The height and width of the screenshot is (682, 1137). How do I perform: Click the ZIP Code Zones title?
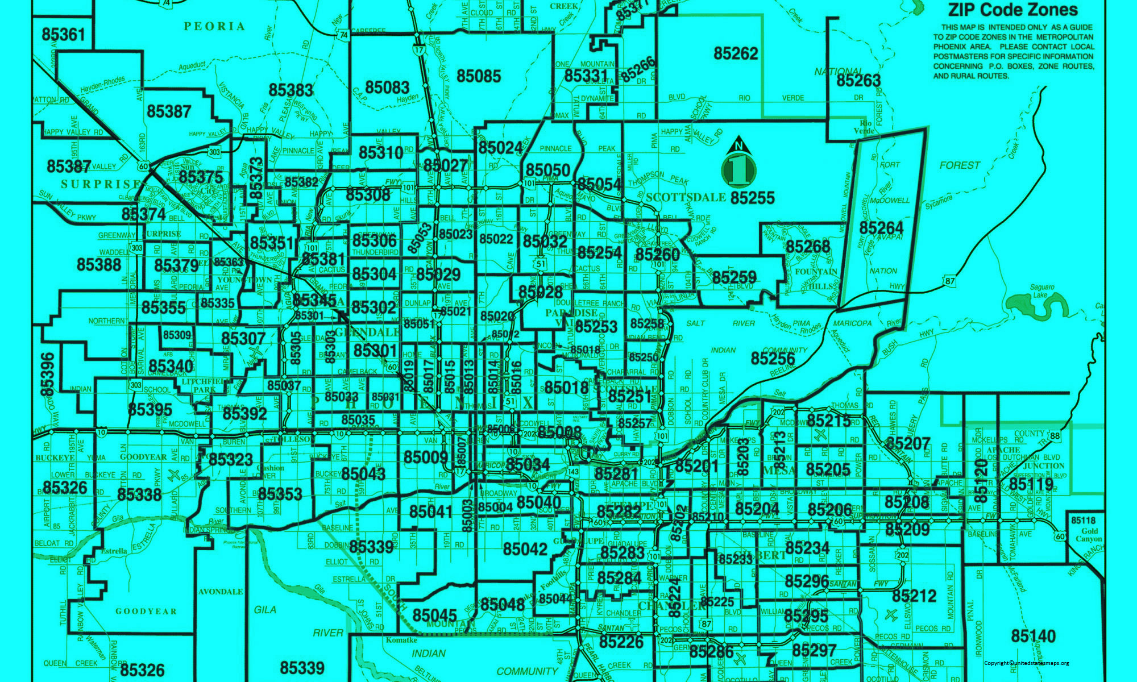point(1012,10)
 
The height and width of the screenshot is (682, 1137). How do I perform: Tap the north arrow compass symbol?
point(739,164)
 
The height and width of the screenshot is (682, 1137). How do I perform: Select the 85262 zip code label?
point(736,53)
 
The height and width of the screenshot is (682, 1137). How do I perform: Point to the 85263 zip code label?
point(858,81)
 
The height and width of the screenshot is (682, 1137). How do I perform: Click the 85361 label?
point(63,35)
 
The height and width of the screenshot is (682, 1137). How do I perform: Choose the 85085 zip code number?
point(479,76)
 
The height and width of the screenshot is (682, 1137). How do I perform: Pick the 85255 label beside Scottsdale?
point(752,198)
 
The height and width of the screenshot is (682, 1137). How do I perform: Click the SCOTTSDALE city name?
point(686,197)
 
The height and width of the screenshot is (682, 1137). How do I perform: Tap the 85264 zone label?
point(881,228)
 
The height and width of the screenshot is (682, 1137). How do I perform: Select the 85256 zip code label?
point(773,358)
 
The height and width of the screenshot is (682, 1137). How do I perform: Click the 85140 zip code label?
point(1033,636)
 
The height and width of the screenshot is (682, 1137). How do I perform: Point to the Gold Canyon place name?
point(1088,535)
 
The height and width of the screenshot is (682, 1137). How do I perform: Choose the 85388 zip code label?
point(99,264)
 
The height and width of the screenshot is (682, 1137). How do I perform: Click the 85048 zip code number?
point(502,604)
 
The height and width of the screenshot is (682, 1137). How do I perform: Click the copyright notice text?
point(1026,663)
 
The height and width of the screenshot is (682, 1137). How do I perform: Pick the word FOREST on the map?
point(960,165)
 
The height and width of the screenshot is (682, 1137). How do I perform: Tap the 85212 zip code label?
point(914,596)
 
